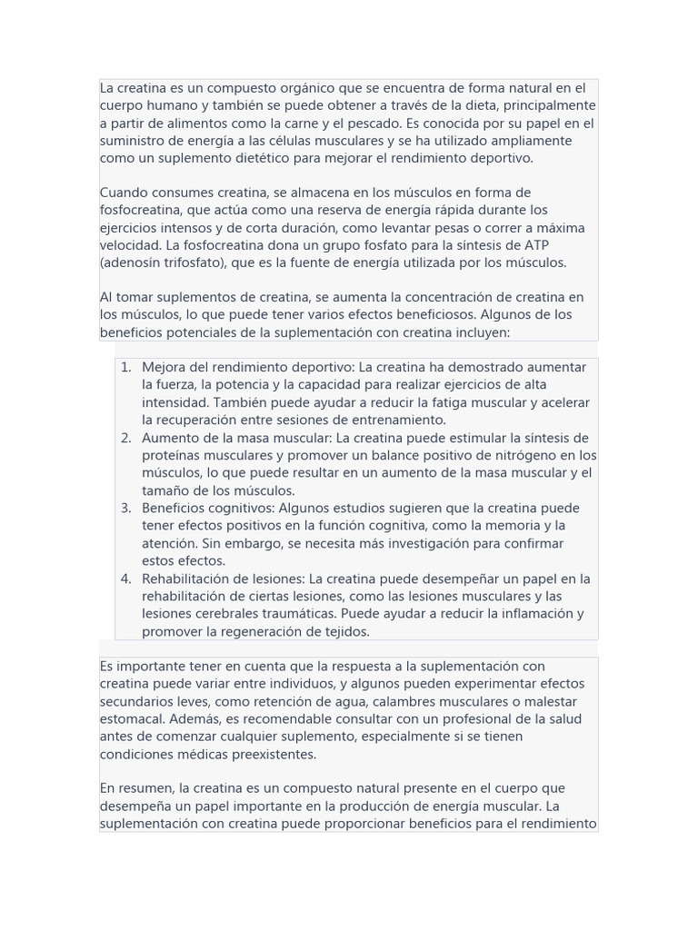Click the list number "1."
click(x=126, y=368)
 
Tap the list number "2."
click(x=126, y=438)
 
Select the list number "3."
click(x=126, y=509)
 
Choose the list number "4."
click(x=126, y=579)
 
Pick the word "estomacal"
click(x=132, y=719)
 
